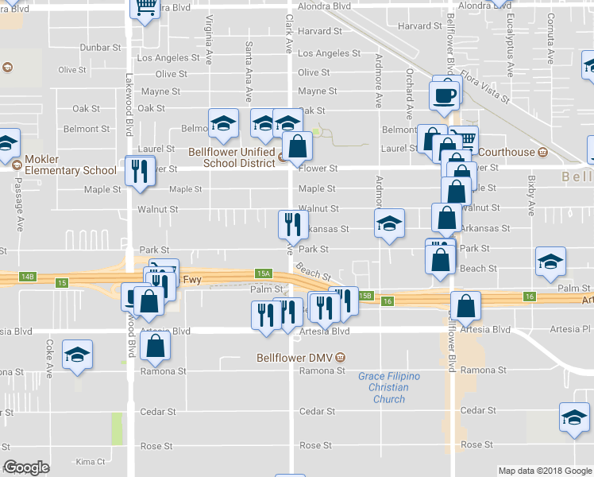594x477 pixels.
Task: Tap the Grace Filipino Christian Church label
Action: coord(388,387)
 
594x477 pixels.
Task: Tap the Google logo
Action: coord(26,468)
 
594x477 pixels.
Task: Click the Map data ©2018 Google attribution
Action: coord(544,471)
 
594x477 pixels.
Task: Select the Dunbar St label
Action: coord(99,48)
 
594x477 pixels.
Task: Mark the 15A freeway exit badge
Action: coord(264,273)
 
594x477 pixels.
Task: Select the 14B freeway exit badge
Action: coord(28,277)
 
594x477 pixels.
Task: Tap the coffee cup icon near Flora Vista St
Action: coord(445,95)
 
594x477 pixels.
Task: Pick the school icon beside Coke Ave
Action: coord(77,355)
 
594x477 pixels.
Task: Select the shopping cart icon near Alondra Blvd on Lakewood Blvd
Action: coord(145,8)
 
